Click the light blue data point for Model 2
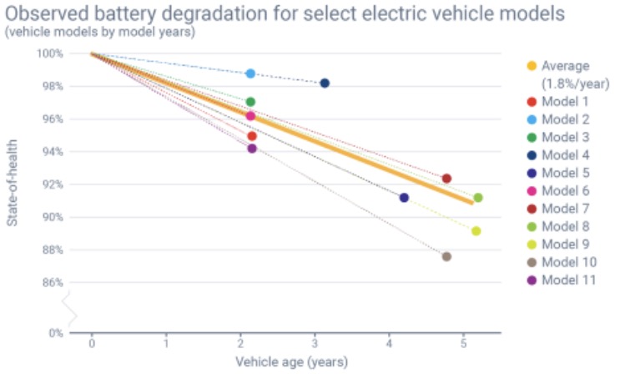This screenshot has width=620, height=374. [250, 73]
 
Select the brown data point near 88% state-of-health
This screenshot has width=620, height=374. [446, 256]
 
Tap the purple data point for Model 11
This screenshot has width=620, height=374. [252, 149]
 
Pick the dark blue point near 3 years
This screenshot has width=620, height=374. [325, 83]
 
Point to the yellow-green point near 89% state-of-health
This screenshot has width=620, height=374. [476, 231]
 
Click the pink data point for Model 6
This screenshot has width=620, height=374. [250, 116]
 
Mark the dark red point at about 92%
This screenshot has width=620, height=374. [446, 179]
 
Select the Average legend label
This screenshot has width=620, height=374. [565, 65]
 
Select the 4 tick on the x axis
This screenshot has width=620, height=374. [390, 343]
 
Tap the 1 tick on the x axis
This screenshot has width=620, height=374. [166, 343]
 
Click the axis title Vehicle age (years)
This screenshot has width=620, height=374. [291, 362]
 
